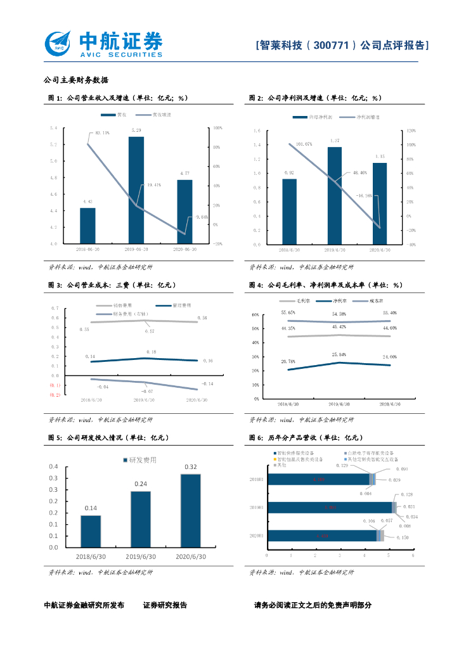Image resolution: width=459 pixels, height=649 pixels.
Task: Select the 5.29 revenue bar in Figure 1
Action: click(136, 190)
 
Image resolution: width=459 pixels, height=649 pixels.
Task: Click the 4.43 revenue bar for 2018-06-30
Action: click(87, 226)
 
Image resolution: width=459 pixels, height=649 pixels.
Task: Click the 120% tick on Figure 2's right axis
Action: click(410, 131)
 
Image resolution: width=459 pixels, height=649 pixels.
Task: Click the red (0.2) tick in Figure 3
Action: click(55, 395)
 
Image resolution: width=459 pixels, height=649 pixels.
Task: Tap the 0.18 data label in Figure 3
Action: click(152, 352)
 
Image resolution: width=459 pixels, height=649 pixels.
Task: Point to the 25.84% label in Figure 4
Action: click(339, 354)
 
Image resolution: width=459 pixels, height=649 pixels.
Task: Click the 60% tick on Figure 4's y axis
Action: click(255, 314)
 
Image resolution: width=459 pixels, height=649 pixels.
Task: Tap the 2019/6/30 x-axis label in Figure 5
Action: click(141, 556)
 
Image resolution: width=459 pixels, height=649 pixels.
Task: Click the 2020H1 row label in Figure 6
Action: click(258, 536)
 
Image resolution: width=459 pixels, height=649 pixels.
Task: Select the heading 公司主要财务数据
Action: click(76, 80)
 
